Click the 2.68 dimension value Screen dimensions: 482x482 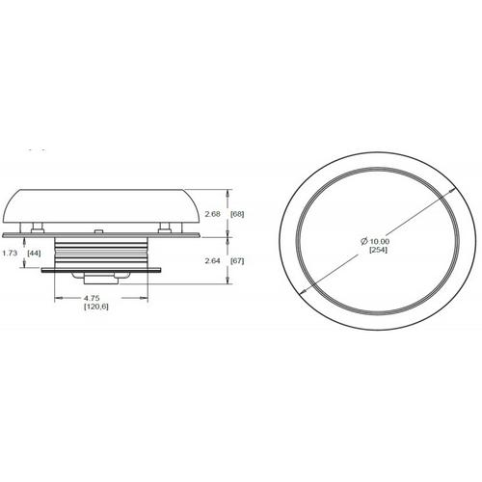(212, 214)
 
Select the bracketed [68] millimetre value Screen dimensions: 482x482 (237, 214)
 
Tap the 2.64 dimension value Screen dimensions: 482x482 (212, 261)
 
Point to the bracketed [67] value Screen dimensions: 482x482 (237, 261)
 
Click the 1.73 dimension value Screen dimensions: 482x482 (10, 254)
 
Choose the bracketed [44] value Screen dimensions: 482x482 (34, 254)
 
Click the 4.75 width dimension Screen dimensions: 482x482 (92, 298)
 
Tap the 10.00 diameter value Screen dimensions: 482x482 (379, 241)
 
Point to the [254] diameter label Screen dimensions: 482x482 (378, 250)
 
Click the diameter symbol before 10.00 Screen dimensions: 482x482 (364, 241)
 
